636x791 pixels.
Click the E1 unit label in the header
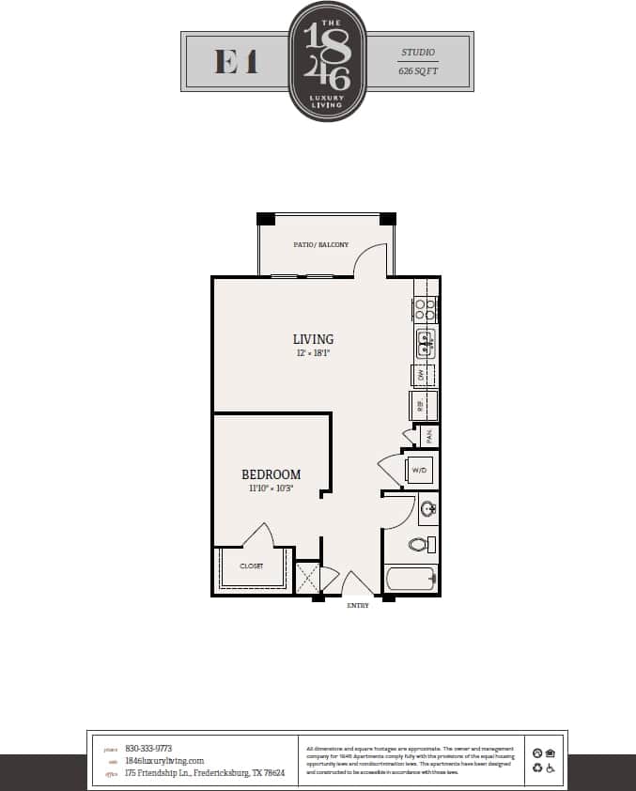click(236, 62)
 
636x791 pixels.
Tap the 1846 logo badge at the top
click(327, 61)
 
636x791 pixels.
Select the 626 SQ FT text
click(418, 70)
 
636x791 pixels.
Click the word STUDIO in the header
click(418, 53)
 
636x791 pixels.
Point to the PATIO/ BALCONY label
click(320, 245)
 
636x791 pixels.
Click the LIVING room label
click(313, 339)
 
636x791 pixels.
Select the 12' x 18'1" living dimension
click(313, 353)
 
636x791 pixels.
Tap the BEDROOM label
click(271, 474)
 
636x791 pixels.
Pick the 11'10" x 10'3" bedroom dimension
click(271, 489)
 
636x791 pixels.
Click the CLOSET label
click(251, 566)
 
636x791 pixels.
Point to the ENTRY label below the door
click(358, 606)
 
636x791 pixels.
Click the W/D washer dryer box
click(419, 469)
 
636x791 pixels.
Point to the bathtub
click(411, 577)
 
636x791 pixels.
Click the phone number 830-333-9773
click(148, 749)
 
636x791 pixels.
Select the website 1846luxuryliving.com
click(164, 761)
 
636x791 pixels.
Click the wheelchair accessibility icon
click(551, 768)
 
